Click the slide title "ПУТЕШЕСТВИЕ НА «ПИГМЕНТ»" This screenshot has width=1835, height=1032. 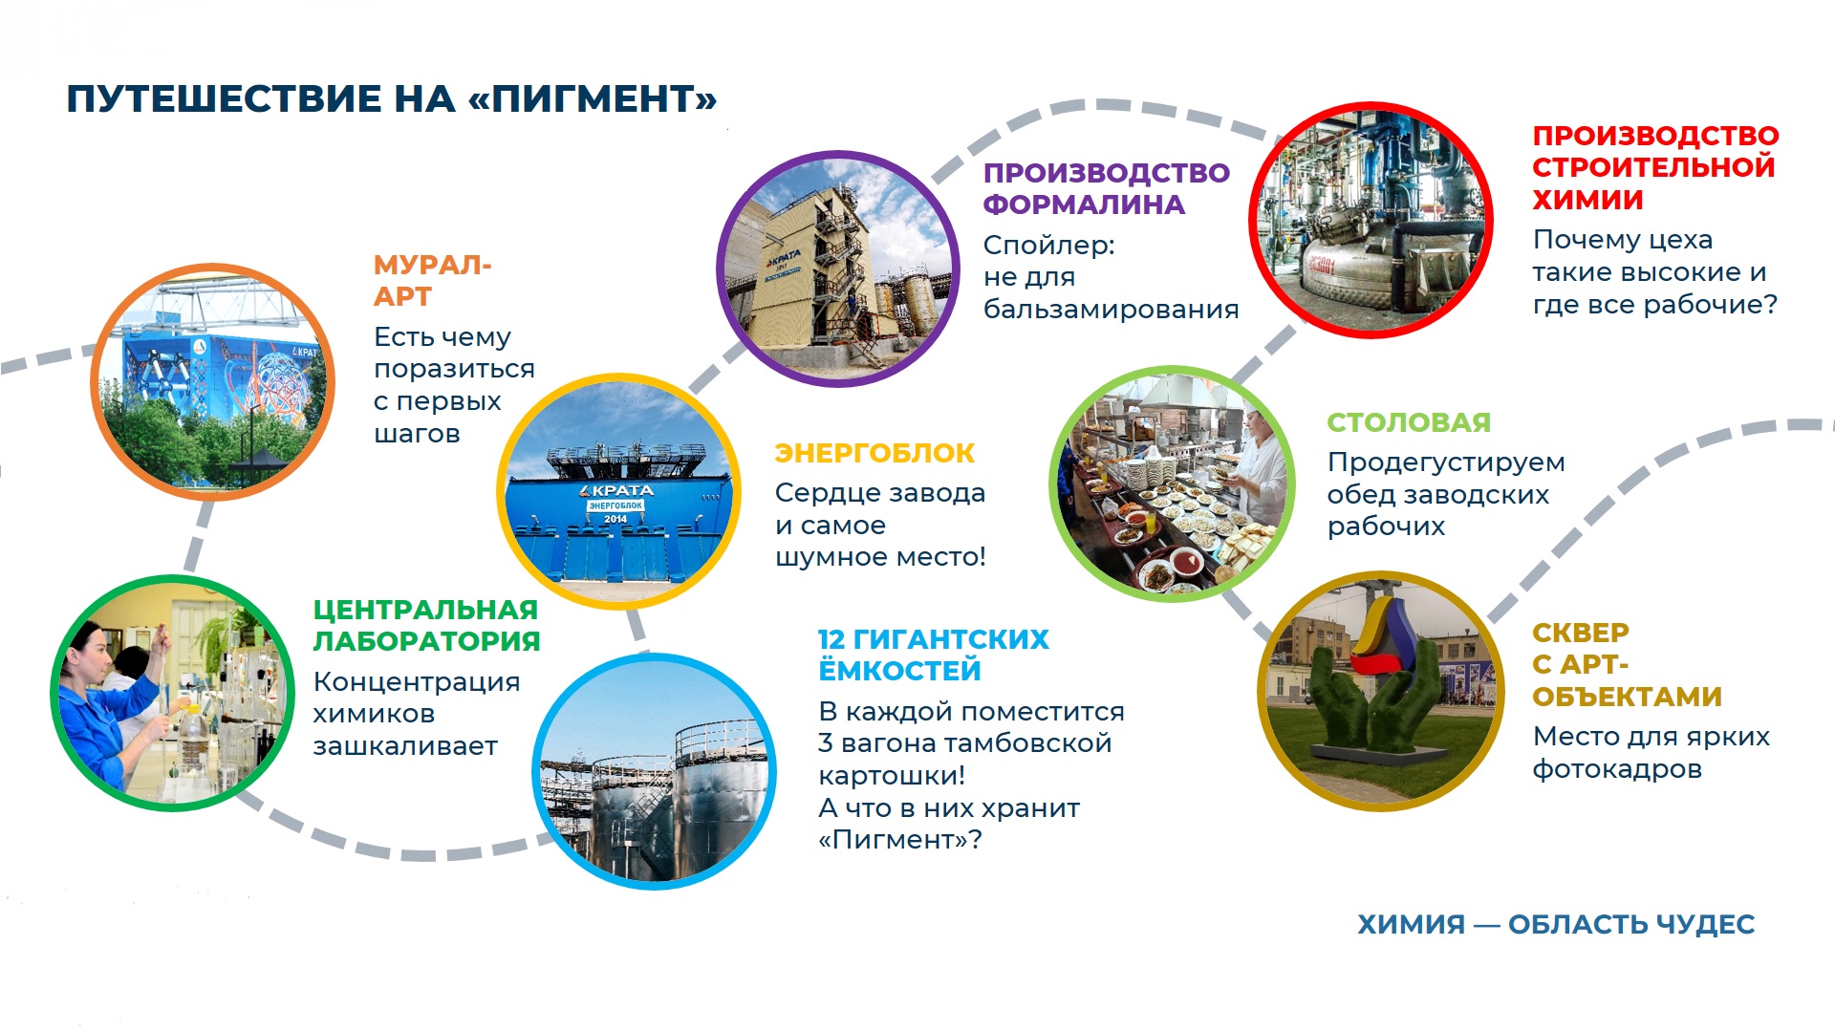click(x=391, y=99)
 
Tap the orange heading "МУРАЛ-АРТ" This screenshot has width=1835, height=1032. click(x=432, y=280)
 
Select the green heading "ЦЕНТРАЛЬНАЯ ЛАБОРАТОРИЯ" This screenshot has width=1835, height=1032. click(x=426, y=625)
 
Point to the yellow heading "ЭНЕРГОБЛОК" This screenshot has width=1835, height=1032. click(x=874, y=453)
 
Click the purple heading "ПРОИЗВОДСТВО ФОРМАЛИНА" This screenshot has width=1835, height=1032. click(x=1107, y=188)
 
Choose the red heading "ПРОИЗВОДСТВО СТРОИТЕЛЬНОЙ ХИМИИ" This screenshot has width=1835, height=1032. click(x=1655, y=167)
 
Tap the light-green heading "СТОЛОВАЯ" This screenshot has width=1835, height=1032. click(x=1409, y=422)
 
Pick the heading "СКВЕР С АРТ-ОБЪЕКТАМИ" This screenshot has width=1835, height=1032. click(x=1627, y=664)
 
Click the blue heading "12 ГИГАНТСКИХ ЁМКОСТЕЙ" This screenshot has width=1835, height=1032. click(x=933, y=655)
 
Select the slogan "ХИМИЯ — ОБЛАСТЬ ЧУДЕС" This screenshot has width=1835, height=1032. click(x=1556, y=924)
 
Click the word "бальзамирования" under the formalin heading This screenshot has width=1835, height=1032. click(x=1111, y=310)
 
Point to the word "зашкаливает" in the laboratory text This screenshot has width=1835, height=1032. click(x=405, y=746)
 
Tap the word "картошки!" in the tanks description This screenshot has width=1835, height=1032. click(x=892, y=776)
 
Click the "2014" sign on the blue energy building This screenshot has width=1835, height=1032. click(x=615, y=519)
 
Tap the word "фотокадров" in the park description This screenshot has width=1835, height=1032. click(x=1617, y=769)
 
